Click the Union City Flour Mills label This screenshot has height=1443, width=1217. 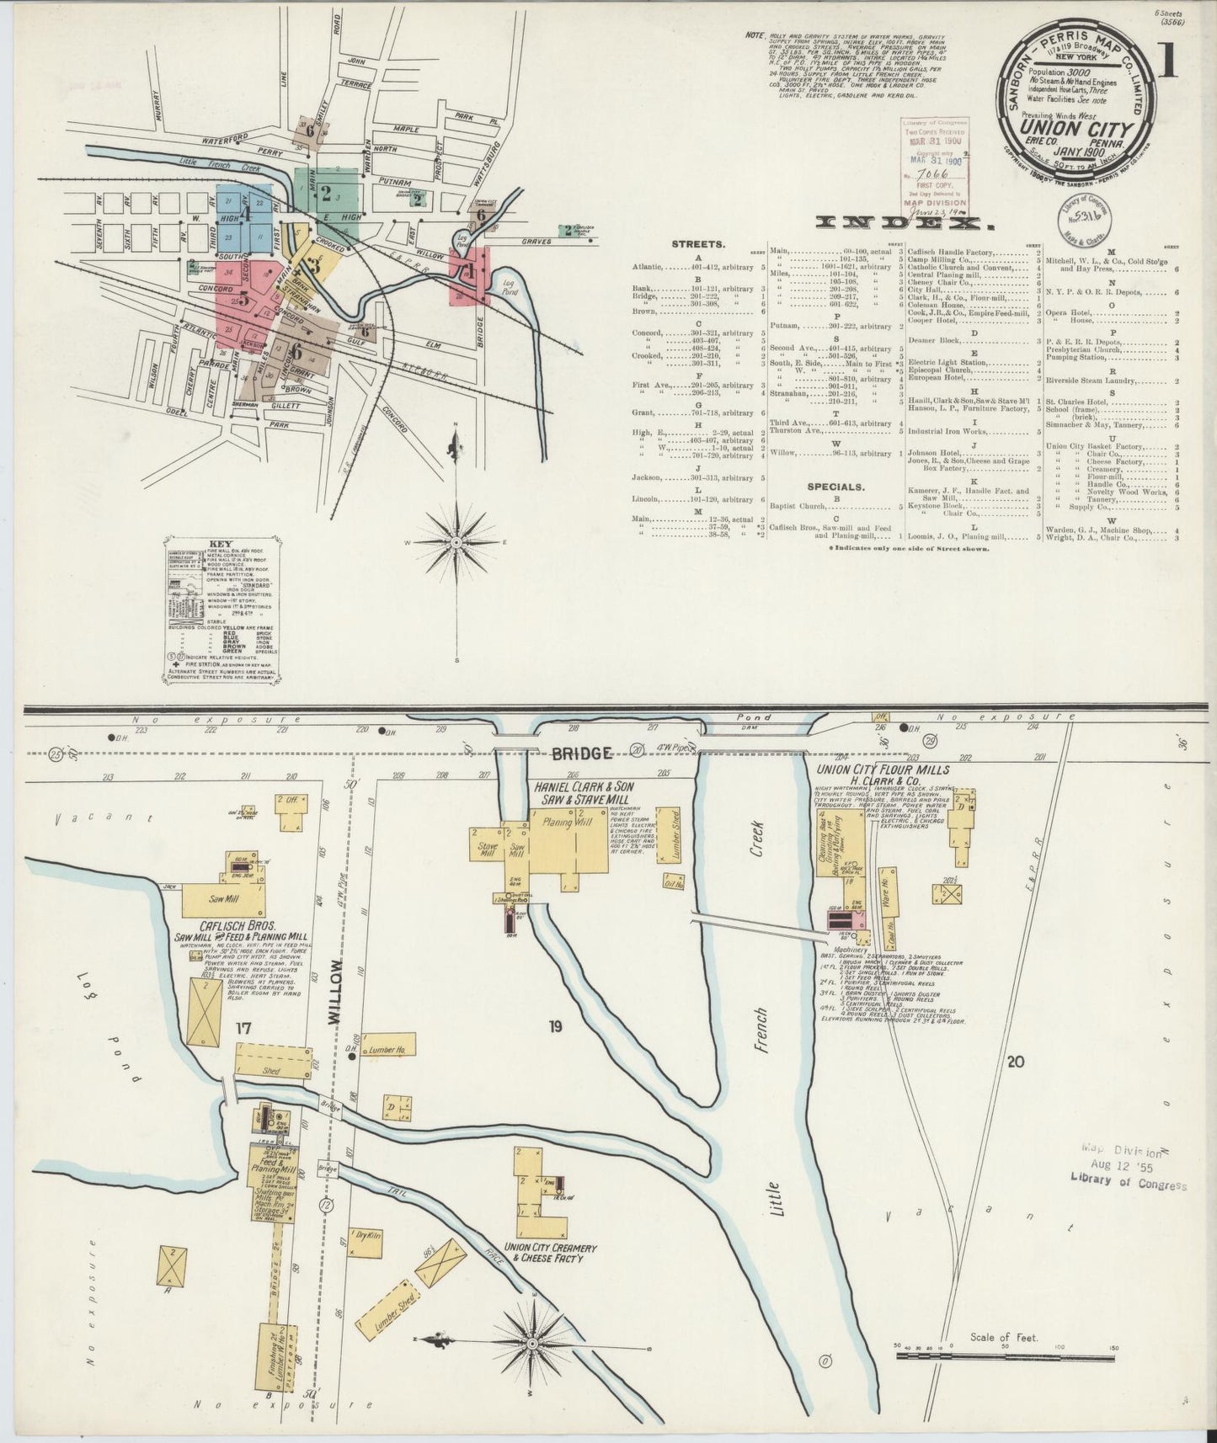coord(881,769)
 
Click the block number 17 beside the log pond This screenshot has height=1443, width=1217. coord(243,1027)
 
